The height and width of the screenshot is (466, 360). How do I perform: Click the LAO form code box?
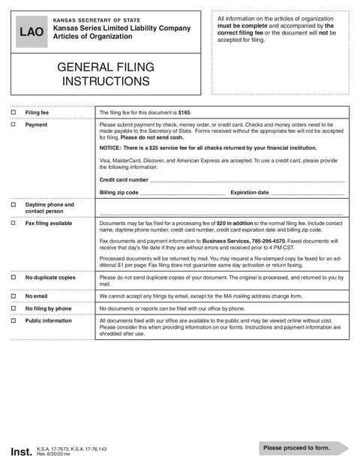31,32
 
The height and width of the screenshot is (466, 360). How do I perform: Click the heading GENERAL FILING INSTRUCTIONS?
106,74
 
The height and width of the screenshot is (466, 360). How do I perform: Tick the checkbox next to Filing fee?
13,113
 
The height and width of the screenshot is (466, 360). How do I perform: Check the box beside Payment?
13,125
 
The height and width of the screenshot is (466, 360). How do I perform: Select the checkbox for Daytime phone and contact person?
13,204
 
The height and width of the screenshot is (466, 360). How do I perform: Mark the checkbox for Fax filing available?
13,224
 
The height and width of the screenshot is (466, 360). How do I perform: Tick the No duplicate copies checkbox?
13,278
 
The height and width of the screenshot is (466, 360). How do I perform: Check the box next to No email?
13,296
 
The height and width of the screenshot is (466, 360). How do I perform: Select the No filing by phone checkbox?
13,308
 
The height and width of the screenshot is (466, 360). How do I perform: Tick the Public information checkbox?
13,320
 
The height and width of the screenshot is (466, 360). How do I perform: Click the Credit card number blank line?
247,181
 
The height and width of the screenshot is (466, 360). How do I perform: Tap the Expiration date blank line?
307,194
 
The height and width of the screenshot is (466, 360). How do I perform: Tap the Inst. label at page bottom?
21,452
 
